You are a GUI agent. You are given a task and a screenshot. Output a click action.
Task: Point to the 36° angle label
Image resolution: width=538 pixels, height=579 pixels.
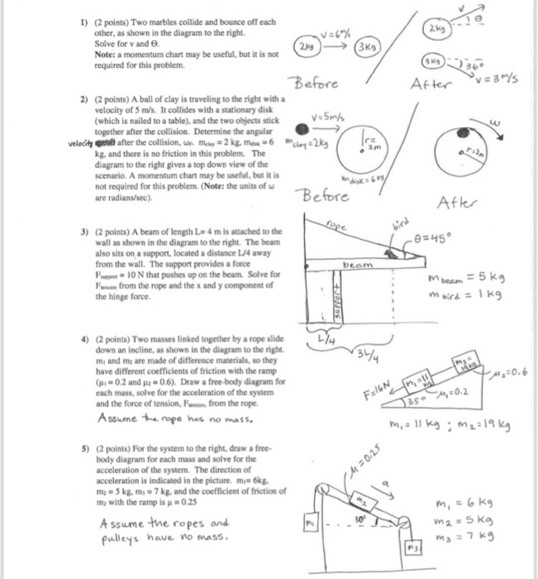[499, 65]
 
